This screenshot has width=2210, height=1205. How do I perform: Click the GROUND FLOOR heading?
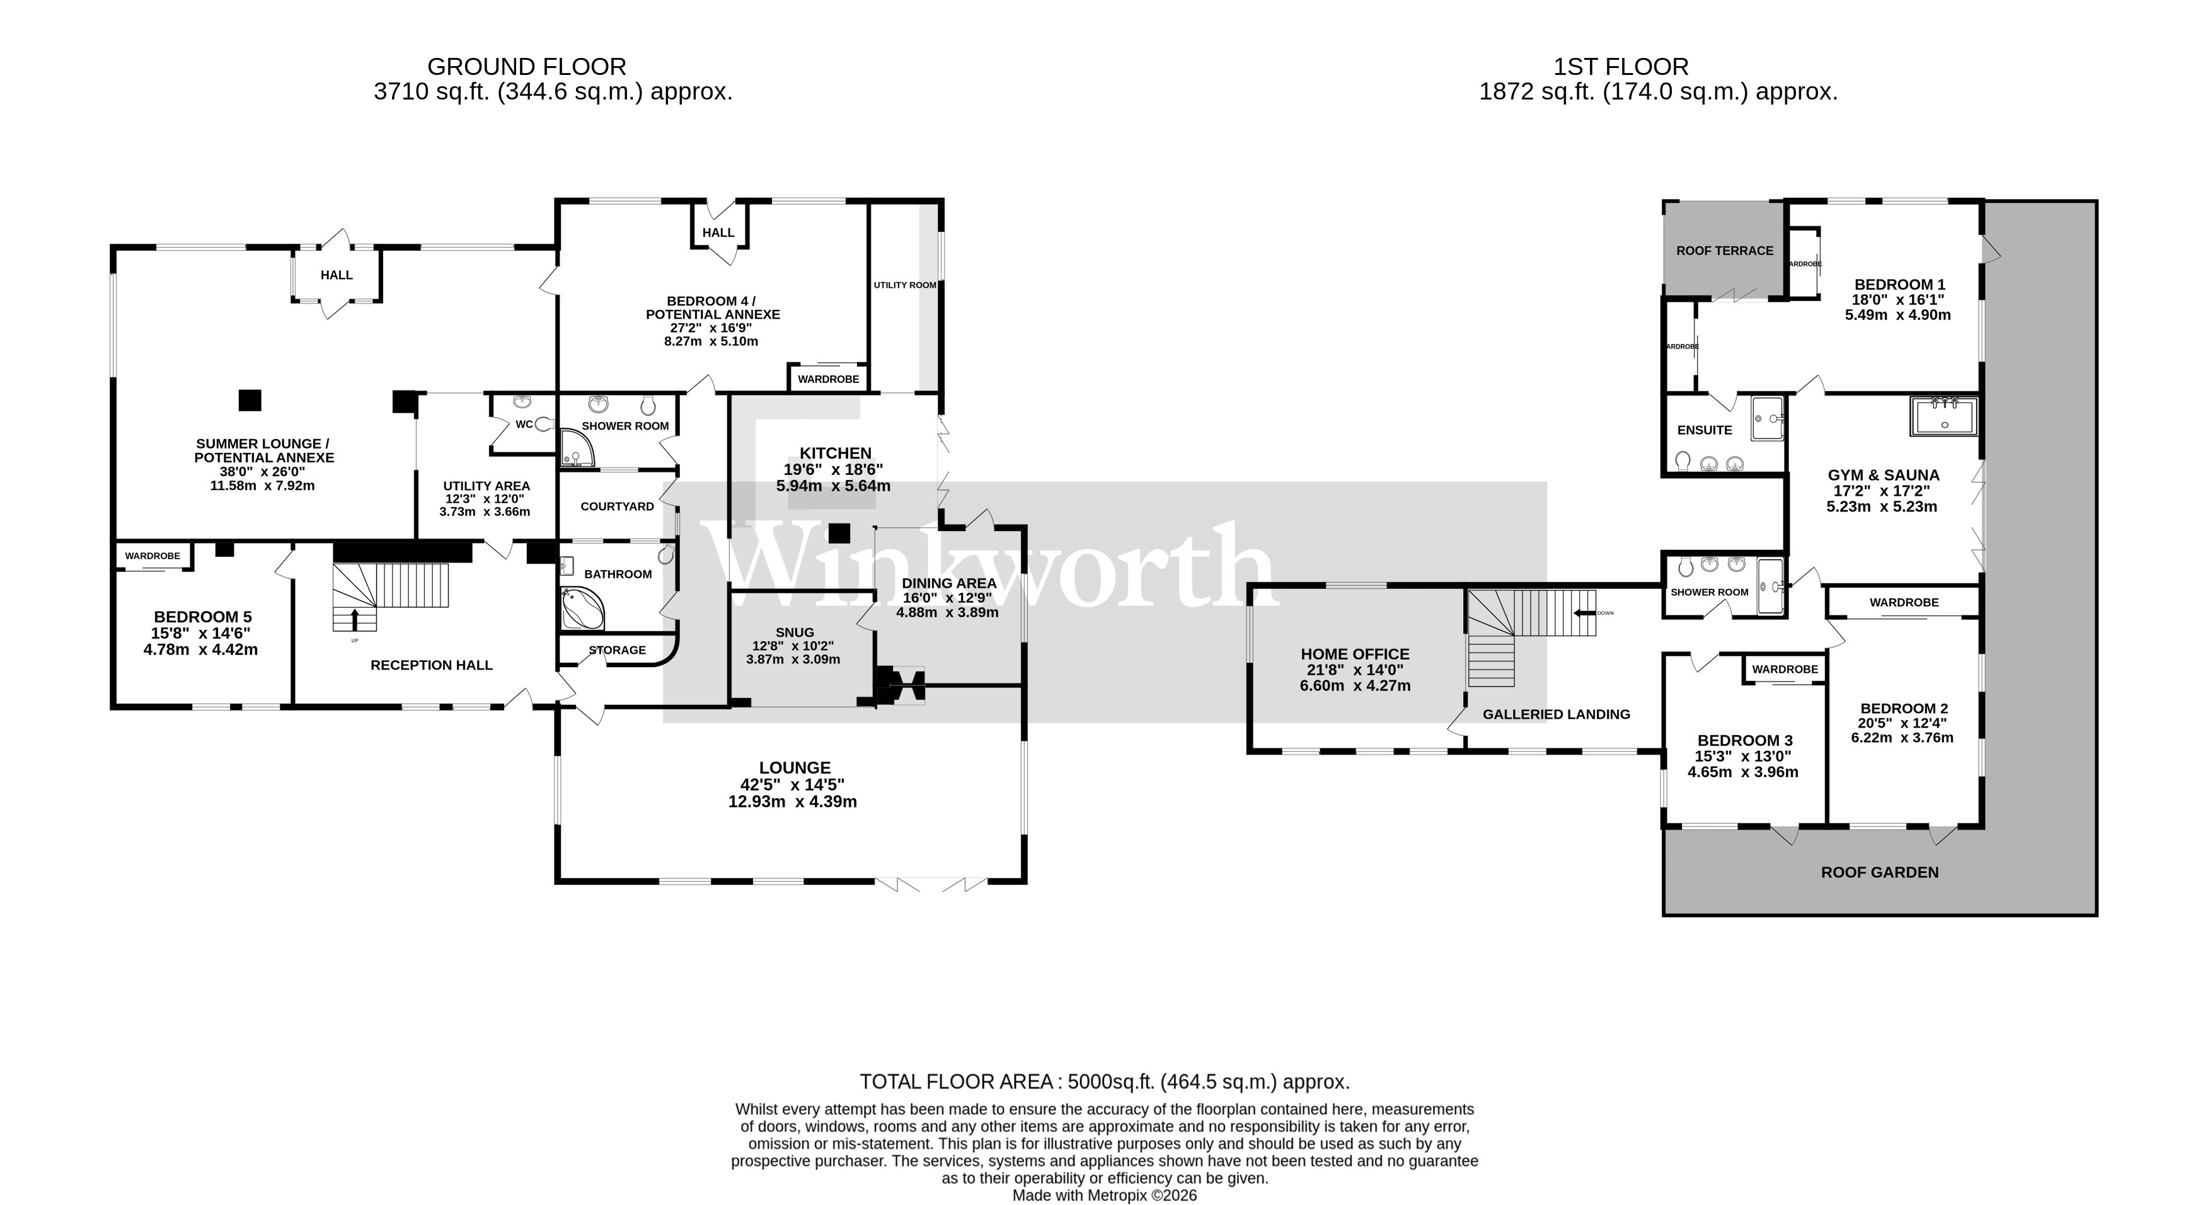tap(526, 66)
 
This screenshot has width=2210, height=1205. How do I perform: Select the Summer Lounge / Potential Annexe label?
tap(263, 450)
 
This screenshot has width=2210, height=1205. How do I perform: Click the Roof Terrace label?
tap(1724, 251)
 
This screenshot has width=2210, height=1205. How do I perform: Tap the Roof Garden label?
tap(1879, 872)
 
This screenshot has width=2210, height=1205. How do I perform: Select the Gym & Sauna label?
tap(1883, 475)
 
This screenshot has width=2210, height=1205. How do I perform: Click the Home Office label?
tap(1355, 654)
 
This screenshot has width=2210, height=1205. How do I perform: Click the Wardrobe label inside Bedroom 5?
tap(153, 556)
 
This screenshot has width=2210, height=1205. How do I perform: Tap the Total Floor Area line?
tap(1104, 1082)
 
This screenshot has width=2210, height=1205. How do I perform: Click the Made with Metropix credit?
tap(1104, 1196)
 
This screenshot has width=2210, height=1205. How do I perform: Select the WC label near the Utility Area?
tap(523, 425)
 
